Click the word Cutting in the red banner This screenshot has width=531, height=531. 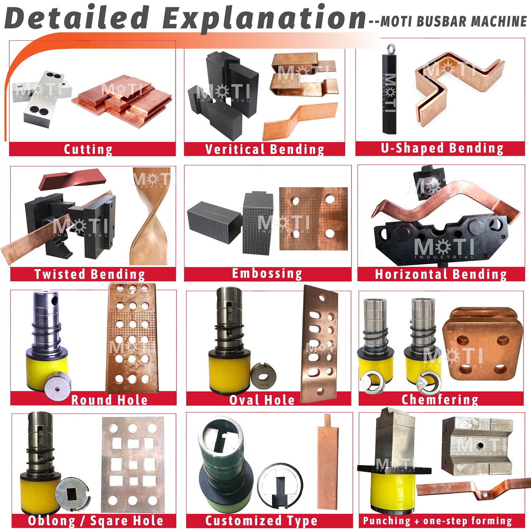(88, 149)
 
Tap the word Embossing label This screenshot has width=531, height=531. (267, 274)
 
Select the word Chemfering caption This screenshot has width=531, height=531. (440, 399)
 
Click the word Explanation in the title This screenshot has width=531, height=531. (264, 18)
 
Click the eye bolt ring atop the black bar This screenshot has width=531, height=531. (390, 48)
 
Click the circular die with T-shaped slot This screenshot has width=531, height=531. (280, 487)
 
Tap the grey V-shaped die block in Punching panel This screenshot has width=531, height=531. (477, 445)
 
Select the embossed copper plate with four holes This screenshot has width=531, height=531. (313, 219)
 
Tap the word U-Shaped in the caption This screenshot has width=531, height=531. (412, 148)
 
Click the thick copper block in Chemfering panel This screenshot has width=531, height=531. (483, 344)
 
